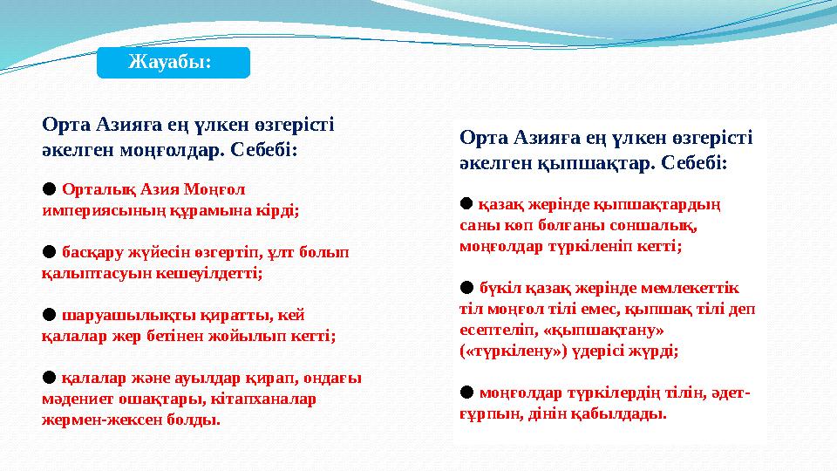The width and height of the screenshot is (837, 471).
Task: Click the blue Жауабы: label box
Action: pos(173,63)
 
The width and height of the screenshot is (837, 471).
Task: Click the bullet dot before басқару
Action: pos(49,251)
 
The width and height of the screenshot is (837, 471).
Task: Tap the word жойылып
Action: pos(258,335)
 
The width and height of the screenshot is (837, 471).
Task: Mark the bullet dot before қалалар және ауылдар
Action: pos(49,377)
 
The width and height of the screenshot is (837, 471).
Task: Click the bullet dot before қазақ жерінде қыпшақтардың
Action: pos(466,204)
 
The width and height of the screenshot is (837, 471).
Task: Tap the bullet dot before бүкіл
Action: pos(466,287)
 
